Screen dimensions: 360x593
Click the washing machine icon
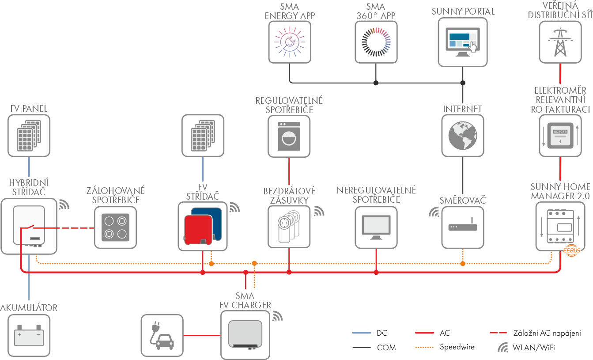[x=289, y=136]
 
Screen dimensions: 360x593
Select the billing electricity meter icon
[x=560, y=135]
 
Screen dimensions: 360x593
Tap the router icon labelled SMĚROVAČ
[x=463, y=227]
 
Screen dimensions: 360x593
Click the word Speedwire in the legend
[x=457, y=347]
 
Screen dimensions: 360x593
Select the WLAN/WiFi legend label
[x=533, y=348]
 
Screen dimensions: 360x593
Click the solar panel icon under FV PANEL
[x=29, y=136]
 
